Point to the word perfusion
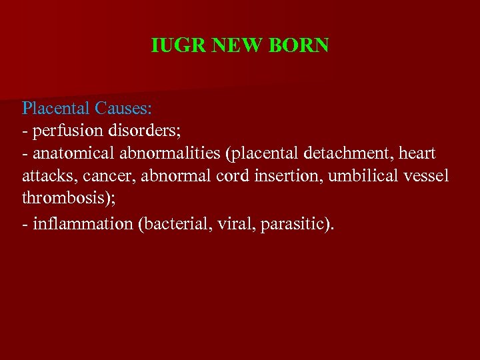click(61, 130)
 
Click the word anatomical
click(74, 154)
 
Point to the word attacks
click(44, 177)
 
